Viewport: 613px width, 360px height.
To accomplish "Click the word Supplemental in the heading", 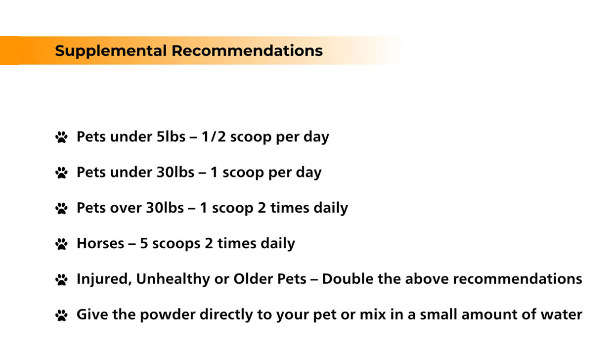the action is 111,51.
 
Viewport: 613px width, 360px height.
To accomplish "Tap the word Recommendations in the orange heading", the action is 247,50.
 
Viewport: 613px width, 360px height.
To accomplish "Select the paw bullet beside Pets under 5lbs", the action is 61,137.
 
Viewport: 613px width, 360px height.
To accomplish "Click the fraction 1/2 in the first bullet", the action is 214,136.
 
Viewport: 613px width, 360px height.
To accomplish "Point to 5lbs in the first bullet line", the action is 171,136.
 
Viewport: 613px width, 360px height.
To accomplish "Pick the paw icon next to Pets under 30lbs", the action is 61,173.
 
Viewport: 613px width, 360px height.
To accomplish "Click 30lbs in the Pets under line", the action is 175,172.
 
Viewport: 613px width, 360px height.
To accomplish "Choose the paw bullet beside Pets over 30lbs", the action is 61,208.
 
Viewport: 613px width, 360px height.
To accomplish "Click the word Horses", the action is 100,243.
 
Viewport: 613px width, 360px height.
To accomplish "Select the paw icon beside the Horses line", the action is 61,244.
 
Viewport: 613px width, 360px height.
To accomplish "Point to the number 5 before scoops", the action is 144,243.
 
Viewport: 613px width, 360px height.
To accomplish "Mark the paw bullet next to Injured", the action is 61,279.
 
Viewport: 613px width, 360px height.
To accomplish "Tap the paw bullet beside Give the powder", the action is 61,315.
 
